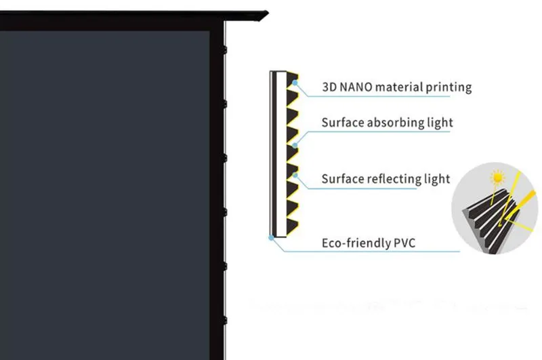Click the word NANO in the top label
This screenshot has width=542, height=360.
coord(356,87)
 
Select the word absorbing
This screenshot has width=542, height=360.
coord(396,123)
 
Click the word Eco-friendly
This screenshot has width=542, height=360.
coord(356,243)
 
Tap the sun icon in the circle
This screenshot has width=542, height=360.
coord(498,178)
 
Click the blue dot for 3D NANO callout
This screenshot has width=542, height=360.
coord(295,83)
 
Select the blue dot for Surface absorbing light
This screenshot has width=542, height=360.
coord(295,146)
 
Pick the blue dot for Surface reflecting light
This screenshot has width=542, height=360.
coord(295,176)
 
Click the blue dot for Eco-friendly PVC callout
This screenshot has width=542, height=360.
coord(272,237)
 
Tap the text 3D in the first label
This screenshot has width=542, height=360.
coord(329,87)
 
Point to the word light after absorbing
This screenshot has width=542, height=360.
coord(440,123)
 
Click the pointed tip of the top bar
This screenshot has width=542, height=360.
coord(268,14)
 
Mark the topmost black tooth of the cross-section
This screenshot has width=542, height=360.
coord(292,79)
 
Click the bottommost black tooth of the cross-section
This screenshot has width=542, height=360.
coord(292,226)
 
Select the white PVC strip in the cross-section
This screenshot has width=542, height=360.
coord(281,154)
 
